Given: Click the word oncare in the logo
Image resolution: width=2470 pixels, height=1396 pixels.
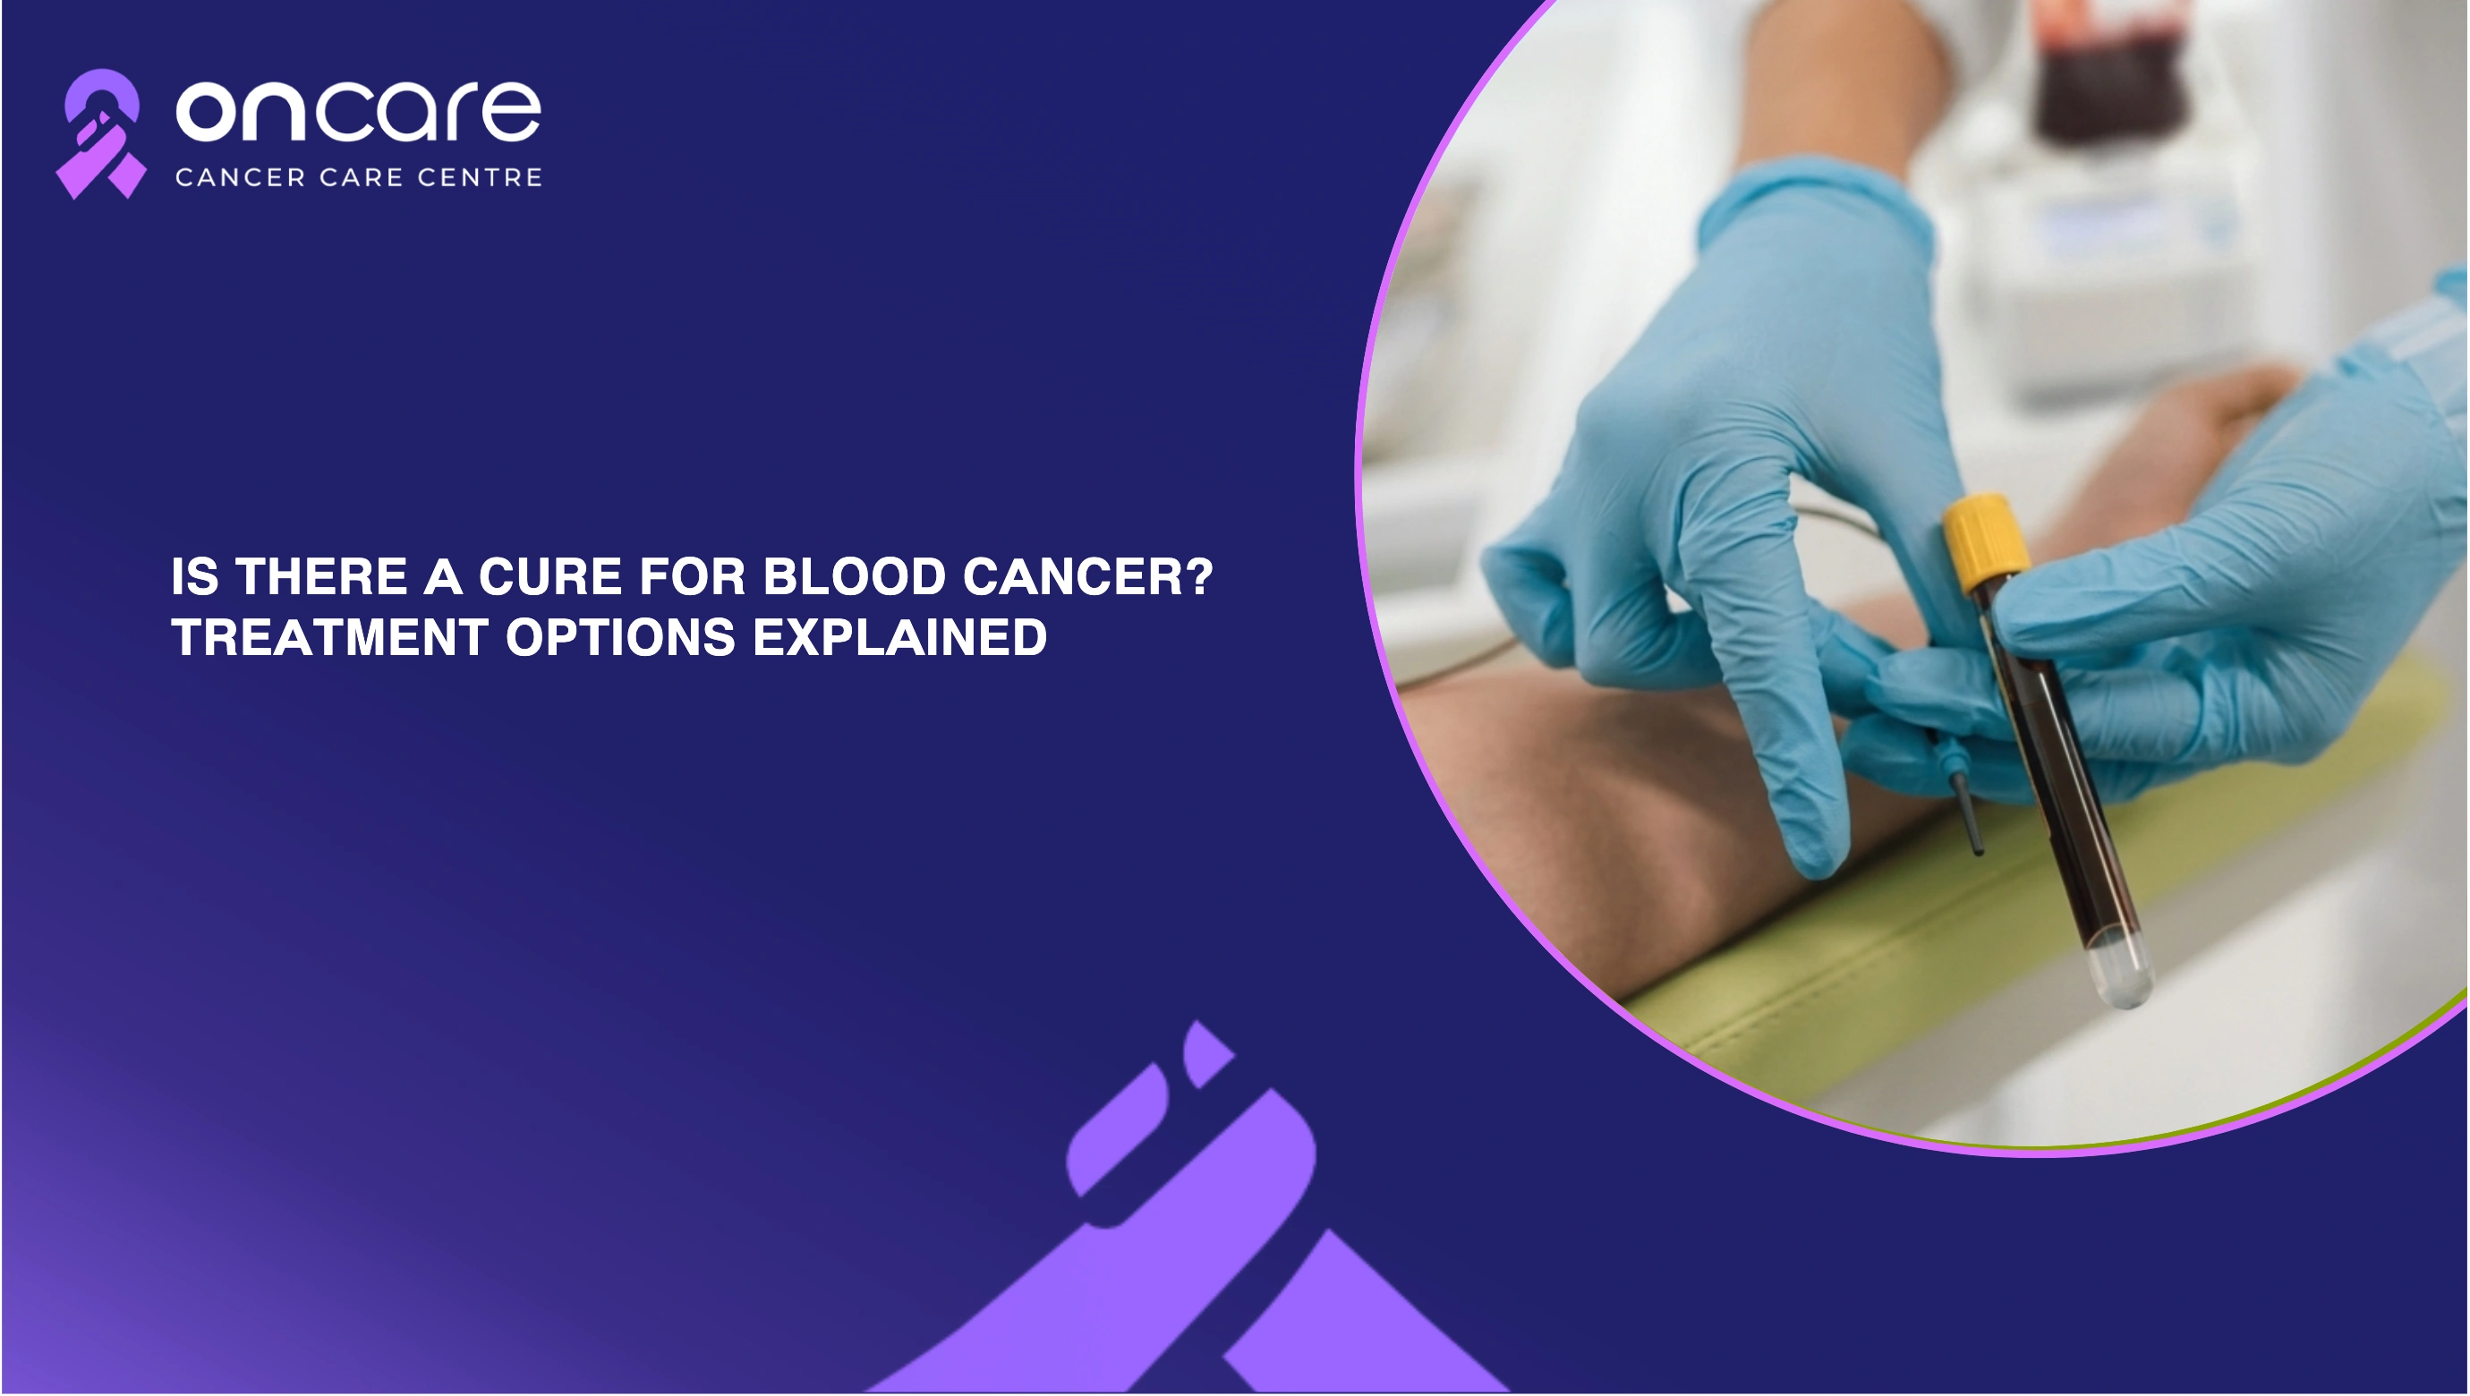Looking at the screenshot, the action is [359, 111].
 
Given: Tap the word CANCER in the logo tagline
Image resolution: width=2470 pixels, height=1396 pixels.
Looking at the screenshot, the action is [241, 177].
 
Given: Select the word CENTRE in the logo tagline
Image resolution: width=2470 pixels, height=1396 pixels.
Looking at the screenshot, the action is [481, 177].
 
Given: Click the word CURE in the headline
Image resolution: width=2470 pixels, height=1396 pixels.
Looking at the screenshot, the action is [551, 577].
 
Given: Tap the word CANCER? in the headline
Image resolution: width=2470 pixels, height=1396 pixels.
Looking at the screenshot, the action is [1088, 577].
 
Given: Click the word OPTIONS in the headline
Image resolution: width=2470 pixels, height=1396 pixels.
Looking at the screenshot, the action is [620, 637].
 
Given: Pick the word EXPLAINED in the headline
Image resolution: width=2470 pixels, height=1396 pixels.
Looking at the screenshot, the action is [899, 637].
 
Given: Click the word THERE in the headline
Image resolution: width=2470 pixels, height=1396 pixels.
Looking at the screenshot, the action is [322, 577].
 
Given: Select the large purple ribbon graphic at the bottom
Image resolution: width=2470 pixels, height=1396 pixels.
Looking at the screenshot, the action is [1189, 1218].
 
